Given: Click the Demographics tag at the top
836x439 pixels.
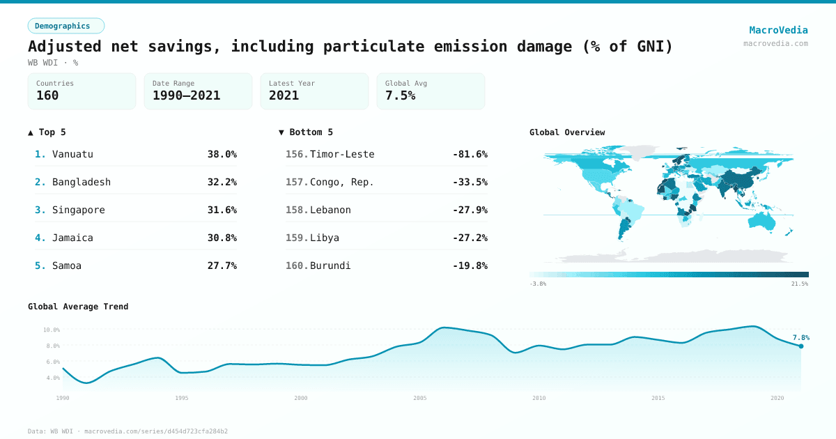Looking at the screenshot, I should (65, 26).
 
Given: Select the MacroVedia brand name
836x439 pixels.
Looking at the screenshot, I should (778, 30).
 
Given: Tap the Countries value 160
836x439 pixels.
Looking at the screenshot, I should (47, 96).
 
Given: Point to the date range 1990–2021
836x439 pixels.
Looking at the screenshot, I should (186, 96).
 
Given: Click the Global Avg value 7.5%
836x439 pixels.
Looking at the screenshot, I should (400, 96).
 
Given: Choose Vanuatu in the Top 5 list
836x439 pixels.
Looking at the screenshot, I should (72, 154).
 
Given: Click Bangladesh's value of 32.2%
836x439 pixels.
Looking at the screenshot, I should (222, 182).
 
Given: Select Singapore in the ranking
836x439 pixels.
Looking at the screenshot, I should (78, 210).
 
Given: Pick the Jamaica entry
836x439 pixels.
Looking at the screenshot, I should (72, 238).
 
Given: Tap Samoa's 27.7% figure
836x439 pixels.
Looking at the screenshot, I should (222, 265).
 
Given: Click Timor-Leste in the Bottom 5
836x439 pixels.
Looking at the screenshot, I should (342, 154).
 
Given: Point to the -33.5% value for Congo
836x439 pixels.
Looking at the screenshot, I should (470, 182).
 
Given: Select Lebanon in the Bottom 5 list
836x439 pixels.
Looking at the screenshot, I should (330, 210).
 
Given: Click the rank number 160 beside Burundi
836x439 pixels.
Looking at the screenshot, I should (296, 265).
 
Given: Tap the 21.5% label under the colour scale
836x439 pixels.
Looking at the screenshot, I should (799, 284).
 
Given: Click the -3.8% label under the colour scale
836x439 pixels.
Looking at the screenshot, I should (538, 284).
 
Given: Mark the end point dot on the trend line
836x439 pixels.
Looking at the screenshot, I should (800, 346).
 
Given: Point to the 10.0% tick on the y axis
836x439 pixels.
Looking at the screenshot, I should (52, 330).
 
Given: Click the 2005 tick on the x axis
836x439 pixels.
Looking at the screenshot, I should (420, 398).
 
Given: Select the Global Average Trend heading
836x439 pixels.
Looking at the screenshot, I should (78, 307).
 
